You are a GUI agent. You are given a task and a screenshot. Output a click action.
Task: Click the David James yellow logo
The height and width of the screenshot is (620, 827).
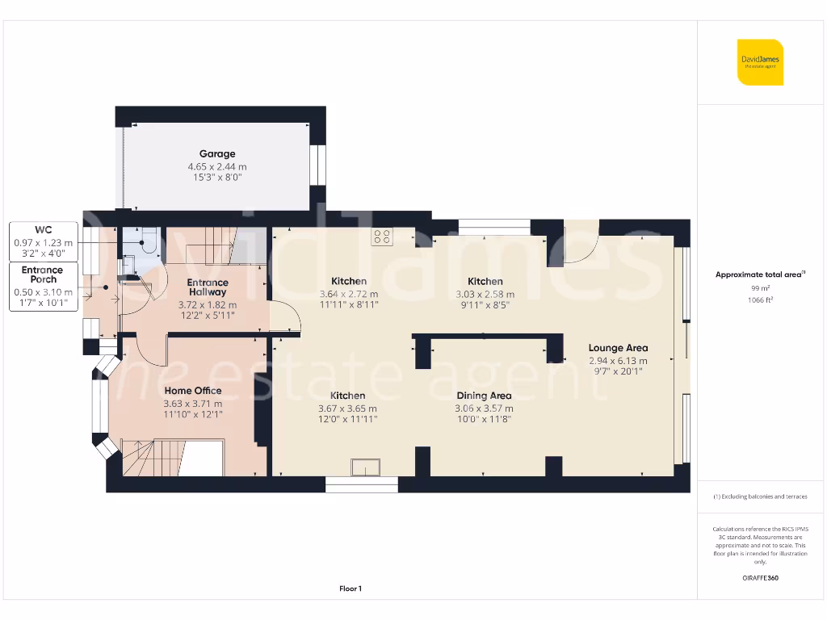point(760,62)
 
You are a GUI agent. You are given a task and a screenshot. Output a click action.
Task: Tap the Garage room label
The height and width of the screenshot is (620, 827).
point(217,153)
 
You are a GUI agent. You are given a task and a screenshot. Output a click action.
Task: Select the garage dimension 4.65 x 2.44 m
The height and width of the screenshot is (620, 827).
point(217,166)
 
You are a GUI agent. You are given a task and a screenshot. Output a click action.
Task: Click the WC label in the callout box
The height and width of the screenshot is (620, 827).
point(44,230)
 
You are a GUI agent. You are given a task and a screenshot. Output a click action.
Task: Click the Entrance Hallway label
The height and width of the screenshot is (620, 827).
point(208,287)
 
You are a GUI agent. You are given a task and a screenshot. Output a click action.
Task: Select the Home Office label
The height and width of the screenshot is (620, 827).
point(192,391)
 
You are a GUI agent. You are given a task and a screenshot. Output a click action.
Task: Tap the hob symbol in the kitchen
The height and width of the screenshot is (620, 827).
point(382,237)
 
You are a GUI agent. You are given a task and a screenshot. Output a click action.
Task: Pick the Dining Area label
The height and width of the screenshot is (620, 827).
point(483,396)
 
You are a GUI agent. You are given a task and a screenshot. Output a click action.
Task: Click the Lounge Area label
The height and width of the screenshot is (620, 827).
point(618,348)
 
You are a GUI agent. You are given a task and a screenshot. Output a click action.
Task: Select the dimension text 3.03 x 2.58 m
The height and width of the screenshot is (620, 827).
point(485,295)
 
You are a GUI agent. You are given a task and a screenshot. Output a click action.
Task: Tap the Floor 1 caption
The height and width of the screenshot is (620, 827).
point(350,589)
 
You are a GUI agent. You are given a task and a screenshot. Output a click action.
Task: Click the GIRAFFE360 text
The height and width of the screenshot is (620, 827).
point(760,578)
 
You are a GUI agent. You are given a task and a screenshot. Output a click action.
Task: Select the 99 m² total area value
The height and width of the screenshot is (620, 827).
point(760,287)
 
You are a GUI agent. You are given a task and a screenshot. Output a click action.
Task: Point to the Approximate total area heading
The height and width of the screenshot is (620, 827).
point(760,274)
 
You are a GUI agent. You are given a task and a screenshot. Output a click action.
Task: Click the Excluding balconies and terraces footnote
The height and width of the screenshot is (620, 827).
point(760,496)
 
